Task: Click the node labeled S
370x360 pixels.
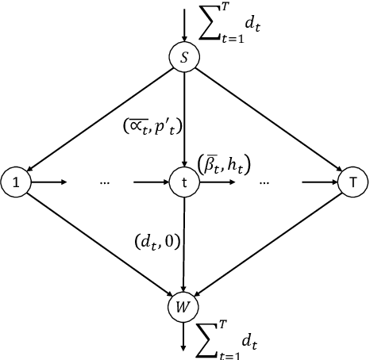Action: [x=184, y=58]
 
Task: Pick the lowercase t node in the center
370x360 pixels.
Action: [x=184, y=182]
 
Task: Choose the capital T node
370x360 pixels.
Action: [x=351, y=182]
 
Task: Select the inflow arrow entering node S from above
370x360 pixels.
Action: [x=184, y=24]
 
